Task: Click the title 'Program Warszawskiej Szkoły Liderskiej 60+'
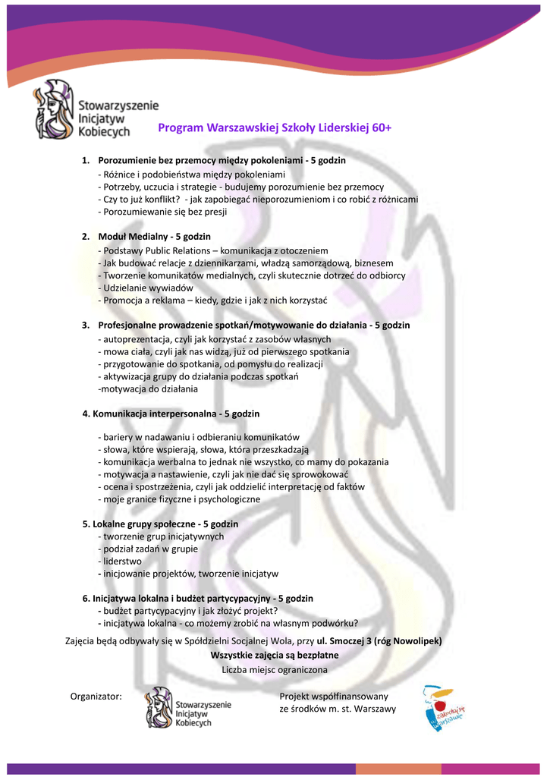pyautogui.click(x=275, y=128)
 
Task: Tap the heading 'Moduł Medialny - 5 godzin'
pyautogui.click(x=154, y=237)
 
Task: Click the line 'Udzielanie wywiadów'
pyautogui.click(x=147, y=288)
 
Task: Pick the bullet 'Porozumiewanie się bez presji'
pyautogui.click(x=164, y=212)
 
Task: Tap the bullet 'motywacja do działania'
pyautogui.click(x=149, y=389)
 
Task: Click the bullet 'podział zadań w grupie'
pyautogui.click(x=149, y=549)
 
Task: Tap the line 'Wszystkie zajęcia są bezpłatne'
pyautogui.click(x=275, y=655)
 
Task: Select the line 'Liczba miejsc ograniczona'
pyautogui.click(x=275, y=670)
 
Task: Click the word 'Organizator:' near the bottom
pyautogui.click(x=96, y=696)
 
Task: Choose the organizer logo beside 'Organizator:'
pyautogui.click(x=189, y=708)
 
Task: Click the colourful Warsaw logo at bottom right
pyautogui.click(x=443, y=708)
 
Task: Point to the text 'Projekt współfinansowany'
pyautogui.click(x=334, y=696)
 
